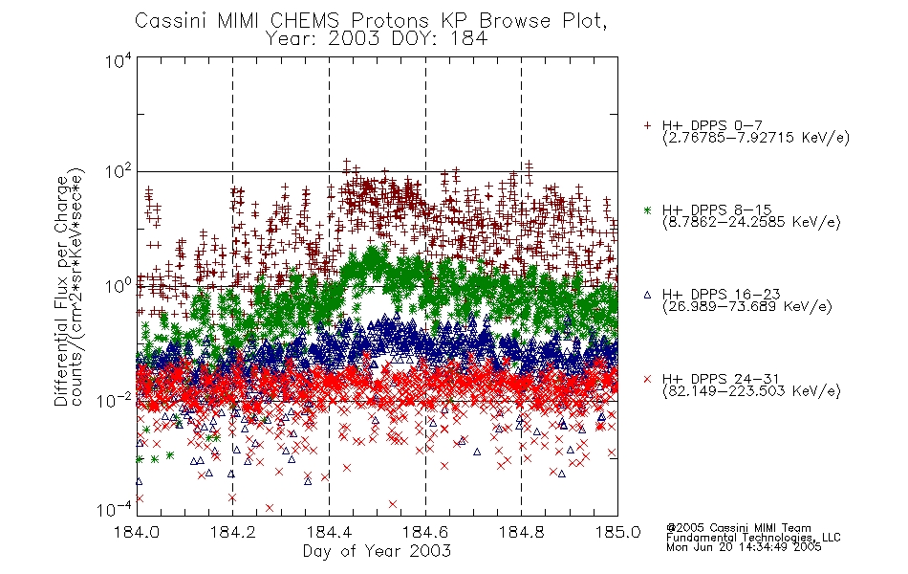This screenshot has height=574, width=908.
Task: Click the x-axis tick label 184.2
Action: (x=232, y=532)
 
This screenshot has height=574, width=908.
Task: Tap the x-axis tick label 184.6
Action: (x=425, y=532)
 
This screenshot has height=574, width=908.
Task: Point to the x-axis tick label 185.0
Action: (x=617, y=532)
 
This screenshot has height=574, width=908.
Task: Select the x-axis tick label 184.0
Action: (x=137, y=532)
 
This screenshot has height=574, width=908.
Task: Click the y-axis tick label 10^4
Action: (x=119, y=61)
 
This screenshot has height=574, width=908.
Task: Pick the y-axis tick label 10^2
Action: (x=119, y=172)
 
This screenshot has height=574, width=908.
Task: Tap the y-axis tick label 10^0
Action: (x=119, y=286)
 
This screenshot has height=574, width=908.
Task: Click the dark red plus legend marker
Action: (x=647, y=125)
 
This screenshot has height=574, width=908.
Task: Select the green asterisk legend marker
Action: (x=647, y=210)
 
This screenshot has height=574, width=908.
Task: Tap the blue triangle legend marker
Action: (x=647, y=295)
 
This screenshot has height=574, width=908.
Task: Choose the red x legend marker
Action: (x=647, y=379)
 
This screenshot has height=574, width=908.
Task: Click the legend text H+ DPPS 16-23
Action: (x=721, y=295)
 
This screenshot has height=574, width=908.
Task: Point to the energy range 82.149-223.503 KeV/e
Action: (x=751, y=391)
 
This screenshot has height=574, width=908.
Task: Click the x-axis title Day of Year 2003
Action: (x=377, y=551)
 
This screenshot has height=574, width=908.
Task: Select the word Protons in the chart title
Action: (x=389, y=21)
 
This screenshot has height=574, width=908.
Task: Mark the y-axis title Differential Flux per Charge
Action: (x=61, y=292)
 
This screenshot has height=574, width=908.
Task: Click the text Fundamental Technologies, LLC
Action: (x=753, y=538)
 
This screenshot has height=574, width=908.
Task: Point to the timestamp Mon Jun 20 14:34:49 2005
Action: (x=744, y=547)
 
